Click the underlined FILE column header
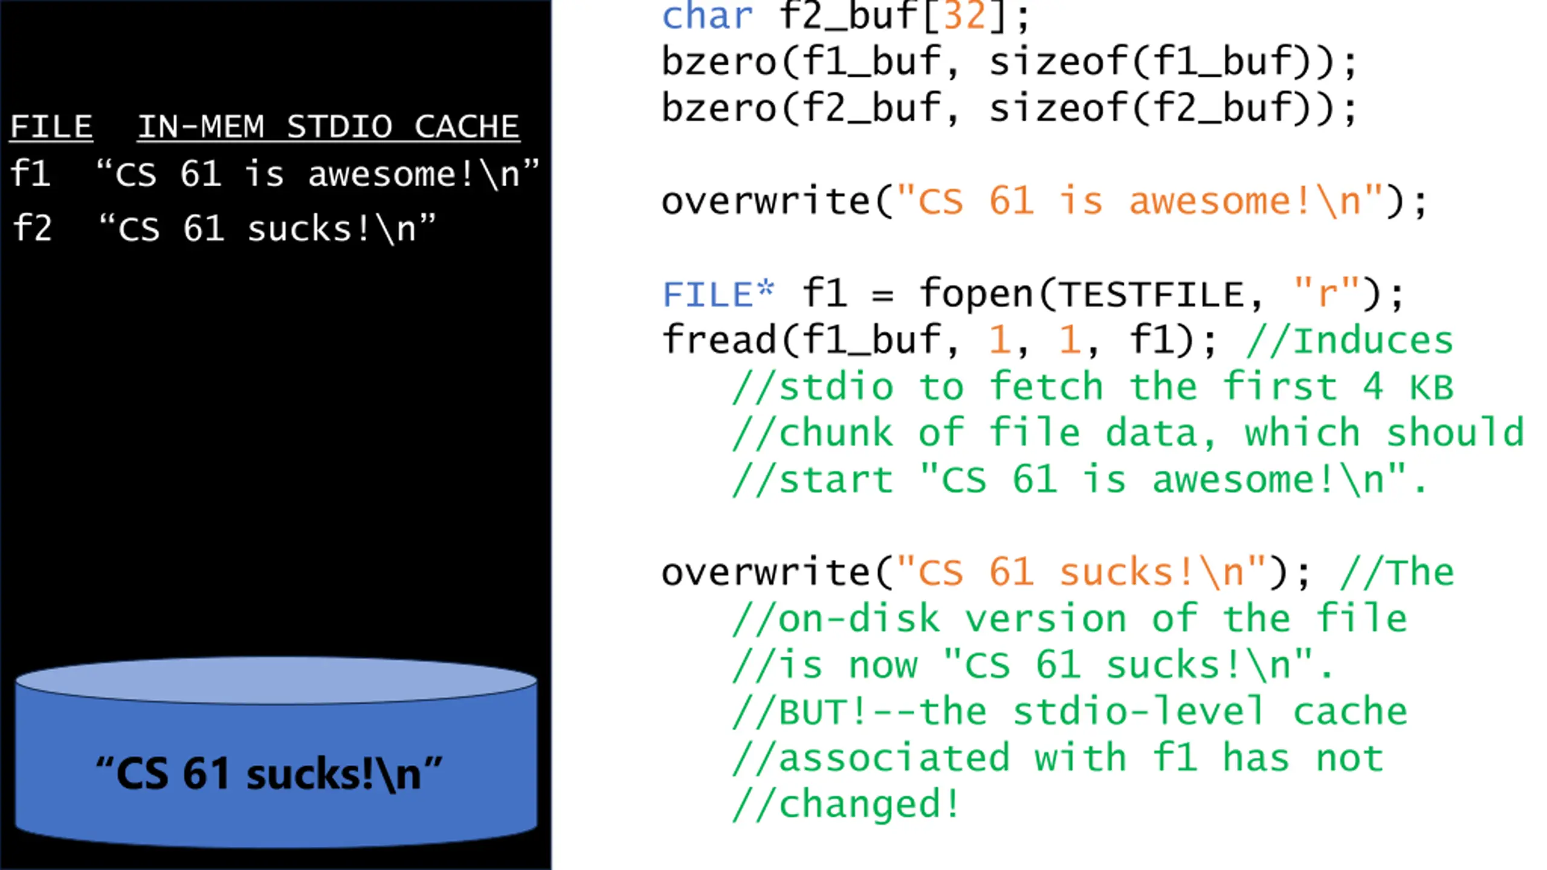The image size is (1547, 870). coord(51,127)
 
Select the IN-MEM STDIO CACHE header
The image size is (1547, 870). coord(329,127)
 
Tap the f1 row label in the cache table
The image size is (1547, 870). coord(30,174)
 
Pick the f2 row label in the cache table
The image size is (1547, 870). coord(32,228)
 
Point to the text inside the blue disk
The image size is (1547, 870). coord(269,774)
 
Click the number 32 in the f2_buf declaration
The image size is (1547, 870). coord(964,16)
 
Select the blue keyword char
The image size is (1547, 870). coord(708,16)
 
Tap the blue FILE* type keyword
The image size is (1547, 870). coord(719,295)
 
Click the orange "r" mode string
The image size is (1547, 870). coord(1328,294)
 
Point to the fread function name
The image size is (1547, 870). coord(719,340)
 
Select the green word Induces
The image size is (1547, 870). coord(1373,341)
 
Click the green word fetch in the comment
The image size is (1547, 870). coord(1047,387)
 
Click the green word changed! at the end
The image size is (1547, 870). coord(869,805)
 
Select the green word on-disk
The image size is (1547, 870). coord(859,619)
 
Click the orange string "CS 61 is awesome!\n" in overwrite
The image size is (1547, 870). coord(1140,201)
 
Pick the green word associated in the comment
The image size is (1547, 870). coord(894,758)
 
